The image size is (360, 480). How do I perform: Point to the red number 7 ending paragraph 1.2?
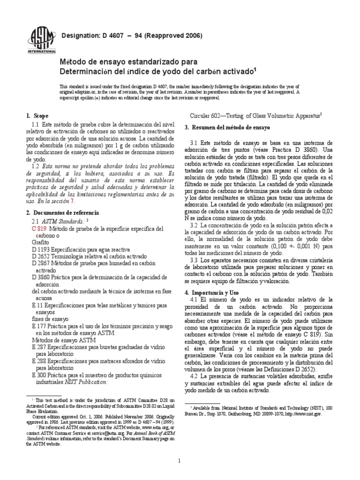pos(72,187)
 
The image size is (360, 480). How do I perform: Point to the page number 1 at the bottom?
pos(180,461)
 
